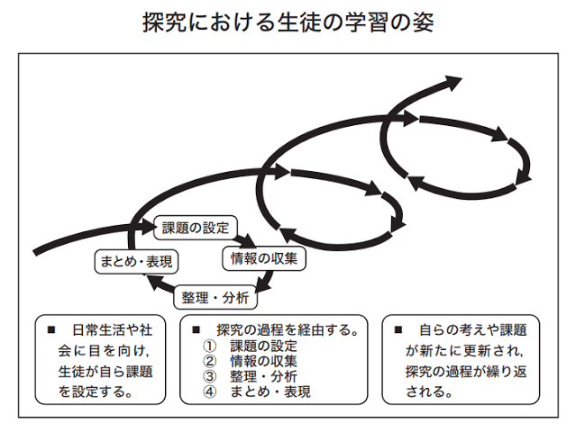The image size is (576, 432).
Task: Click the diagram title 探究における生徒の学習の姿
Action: click(x=288, y=22)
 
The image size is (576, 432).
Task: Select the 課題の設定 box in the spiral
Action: click(x=196, y=228)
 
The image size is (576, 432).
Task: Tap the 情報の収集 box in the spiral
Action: click(x=264, y=258)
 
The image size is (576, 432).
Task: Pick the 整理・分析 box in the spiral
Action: click(x=215, y=297)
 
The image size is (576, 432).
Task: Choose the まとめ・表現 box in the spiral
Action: click(x=136, y=262)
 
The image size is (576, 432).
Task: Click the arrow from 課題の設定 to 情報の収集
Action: click(x=245, y=240)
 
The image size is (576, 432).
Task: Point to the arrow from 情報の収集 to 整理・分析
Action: click(x=265, y=282)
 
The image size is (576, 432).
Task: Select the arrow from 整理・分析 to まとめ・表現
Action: click(x=160, y=283)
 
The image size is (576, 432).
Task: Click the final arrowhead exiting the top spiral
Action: click(x=452, y=83)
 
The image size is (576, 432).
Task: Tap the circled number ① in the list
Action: click(x=210, y=346)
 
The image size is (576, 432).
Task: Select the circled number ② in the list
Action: click(x=210, y=361)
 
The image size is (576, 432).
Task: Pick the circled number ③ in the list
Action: click(x=210, y=376)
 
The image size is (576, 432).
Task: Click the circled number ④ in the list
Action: click(x=210, y=392)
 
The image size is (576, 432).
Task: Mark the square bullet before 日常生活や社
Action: click(x=51, y=329)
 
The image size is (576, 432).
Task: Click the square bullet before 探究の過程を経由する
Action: click(x=197, y=329)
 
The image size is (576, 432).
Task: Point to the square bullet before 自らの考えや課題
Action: click(x=398, y=329)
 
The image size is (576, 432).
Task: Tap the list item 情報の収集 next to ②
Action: click(x=263, y=361)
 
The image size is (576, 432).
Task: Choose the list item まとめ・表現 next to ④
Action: click(x=270, y=392)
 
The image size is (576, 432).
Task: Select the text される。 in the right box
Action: click(x=429, y=392)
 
